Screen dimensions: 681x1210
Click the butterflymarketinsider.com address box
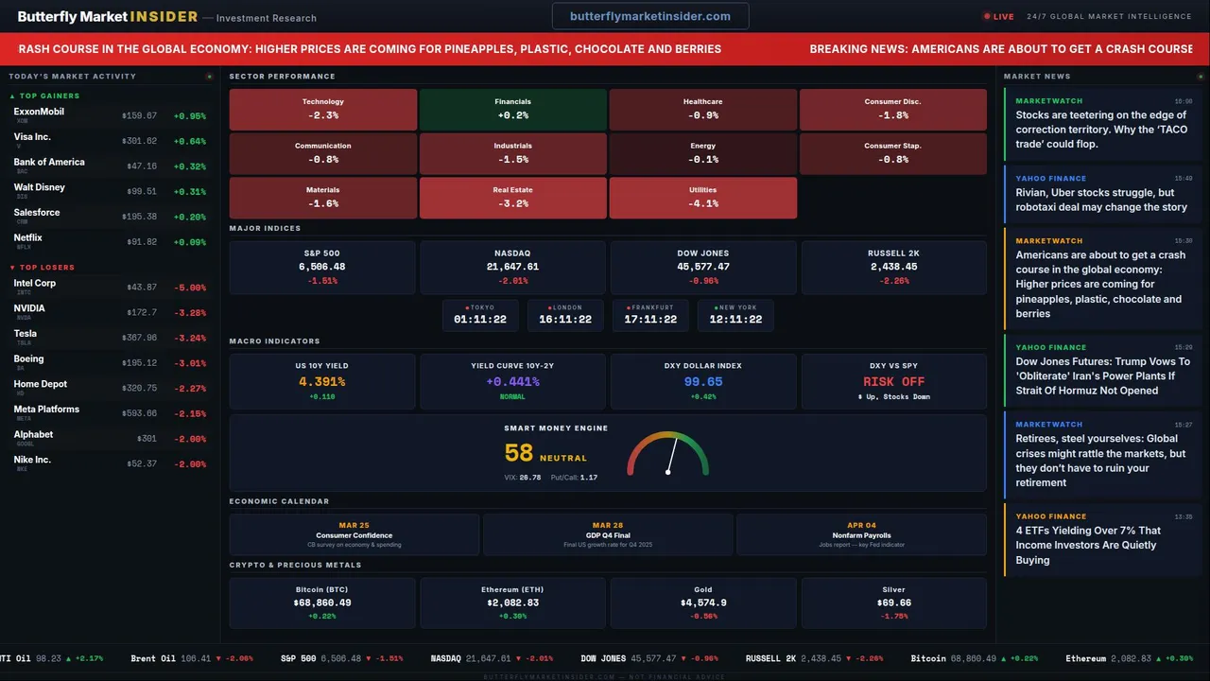coord(650,16)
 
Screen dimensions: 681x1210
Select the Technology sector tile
coord(323,109)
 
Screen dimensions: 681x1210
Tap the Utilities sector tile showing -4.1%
coord(702,197)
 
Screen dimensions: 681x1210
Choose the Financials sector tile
coord(512,109)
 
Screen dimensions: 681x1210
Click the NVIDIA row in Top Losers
coord(109,312)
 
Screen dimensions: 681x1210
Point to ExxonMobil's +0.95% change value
coord(189,116)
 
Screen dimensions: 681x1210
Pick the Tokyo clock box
coord(480,315)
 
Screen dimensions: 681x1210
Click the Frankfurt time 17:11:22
coord(650,320)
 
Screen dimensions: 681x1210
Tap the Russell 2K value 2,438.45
coord(892,267)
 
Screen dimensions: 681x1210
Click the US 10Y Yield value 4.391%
coord(322,382)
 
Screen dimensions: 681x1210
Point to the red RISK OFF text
coord(893,382)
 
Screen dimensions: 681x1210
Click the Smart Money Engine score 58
coord(519,454)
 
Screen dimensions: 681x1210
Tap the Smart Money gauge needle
coord(671,457)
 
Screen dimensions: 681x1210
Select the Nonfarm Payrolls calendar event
coord(861,535)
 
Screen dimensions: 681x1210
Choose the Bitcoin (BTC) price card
coord(322,602)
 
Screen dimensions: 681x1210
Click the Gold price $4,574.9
coord(703,602)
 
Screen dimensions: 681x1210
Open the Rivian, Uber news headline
coord(1101,200)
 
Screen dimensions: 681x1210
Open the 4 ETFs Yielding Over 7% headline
coord(1088,545)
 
